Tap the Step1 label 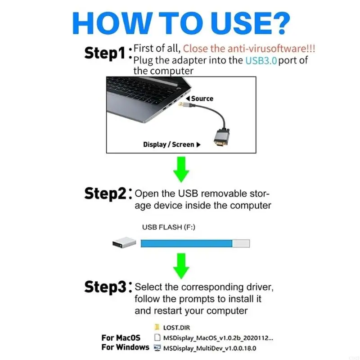click(104, 53)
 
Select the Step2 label click(106, 193)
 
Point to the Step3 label click(106, 287)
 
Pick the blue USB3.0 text click(261, 60)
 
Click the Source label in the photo click(202, 99)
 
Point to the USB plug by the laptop click(182, 104)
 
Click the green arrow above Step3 click(182, 265)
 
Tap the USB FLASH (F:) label click(168, 227)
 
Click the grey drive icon click(123, 243)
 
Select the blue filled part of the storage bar click(186, 243)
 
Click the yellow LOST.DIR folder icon click(157, 327)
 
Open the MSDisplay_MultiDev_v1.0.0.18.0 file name click(211, 348)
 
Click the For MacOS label click(121, 337)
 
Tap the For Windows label click(125, 347)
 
